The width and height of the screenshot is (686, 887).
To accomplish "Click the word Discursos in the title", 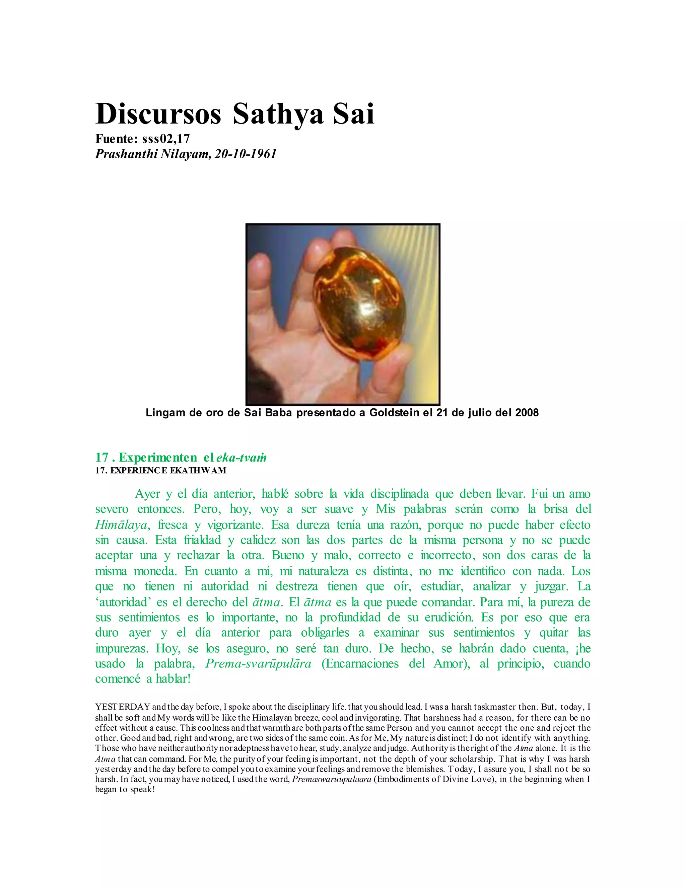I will point(158,114).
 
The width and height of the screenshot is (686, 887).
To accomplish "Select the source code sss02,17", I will point(166,139).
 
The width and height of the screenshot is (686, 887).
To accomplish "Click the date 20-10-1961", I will point(246,154).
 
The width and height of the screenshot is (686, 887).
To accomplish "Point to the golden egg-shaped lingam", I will point(360,305).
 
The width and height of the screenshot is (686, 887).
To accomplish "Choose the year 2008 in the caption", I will point(527,413).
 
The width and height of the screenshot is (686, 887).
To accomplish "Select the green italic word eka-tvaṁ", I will point(242,458).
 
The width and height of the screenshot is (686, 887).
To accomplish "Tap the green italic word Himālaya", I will point(121,525).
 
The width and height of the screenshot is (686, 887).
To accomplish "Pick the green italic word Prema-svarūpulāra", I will point(259,664).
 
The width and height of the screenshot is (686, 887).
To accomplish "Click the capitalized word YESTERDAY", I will point(123,707).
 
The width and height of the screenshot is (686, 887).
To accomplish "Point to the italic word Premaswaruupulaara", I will point(332,779).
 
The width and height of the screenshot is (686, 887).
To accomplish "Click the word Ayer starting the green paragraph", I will point(147,494).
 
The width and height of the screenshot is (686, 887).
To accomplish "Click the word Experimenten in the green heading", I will point(158,458).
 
